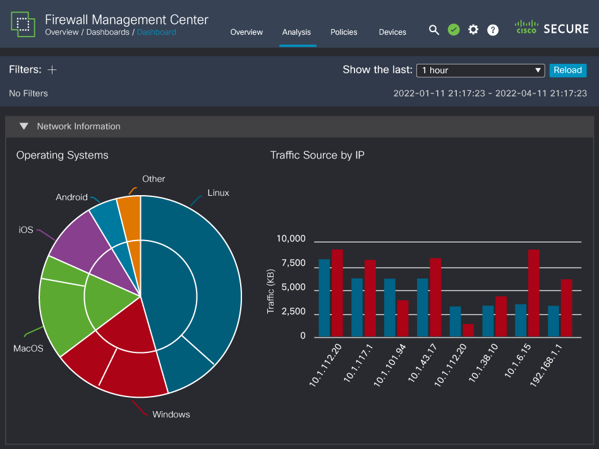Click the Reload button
(x=567, y=70)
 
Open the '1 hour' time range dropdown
(x=480, y=70)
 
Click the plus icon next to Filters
(x=52, y=69)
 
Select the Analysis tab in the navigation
(x=296, y=32)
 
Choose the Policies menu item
(x=344, y=32)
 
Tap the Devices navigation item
(x=392, y=32)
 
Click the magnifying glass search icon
(x=434, y=30)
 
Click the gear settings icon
(x=473, y=30)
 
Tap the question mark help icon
(x=493, y=30)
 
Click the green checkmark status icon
(x=454, y=30)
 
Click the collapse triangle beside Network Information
(x=24, y=126)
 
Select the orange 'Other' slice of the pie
(x=130, y=218)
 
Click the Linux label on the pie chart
(x=218, y=193)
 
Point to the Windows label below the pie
(x=171, y=414)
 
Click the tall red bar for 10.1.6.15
(x=534, y=293)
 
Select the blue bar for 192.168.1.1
(x=554, y=321)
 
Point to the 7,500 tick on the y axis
(x=291, y=263)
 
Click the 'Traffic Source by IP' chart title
(x=317, y=155)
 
